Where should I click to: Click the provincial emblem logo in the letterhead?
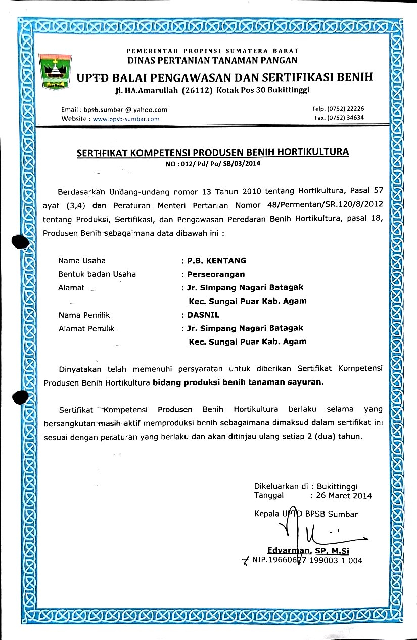click(56, 72)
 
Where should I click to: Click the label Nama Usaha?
click(82, 261)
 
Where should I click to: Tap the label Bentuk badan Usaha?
click(97, 274)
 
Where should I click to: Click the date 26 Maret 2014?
click(344, 496)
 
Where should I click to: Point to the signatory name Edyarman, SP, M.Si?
click(309, 551)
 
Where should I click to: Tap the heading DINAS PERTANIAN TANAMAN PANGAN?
click(212, 60)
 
